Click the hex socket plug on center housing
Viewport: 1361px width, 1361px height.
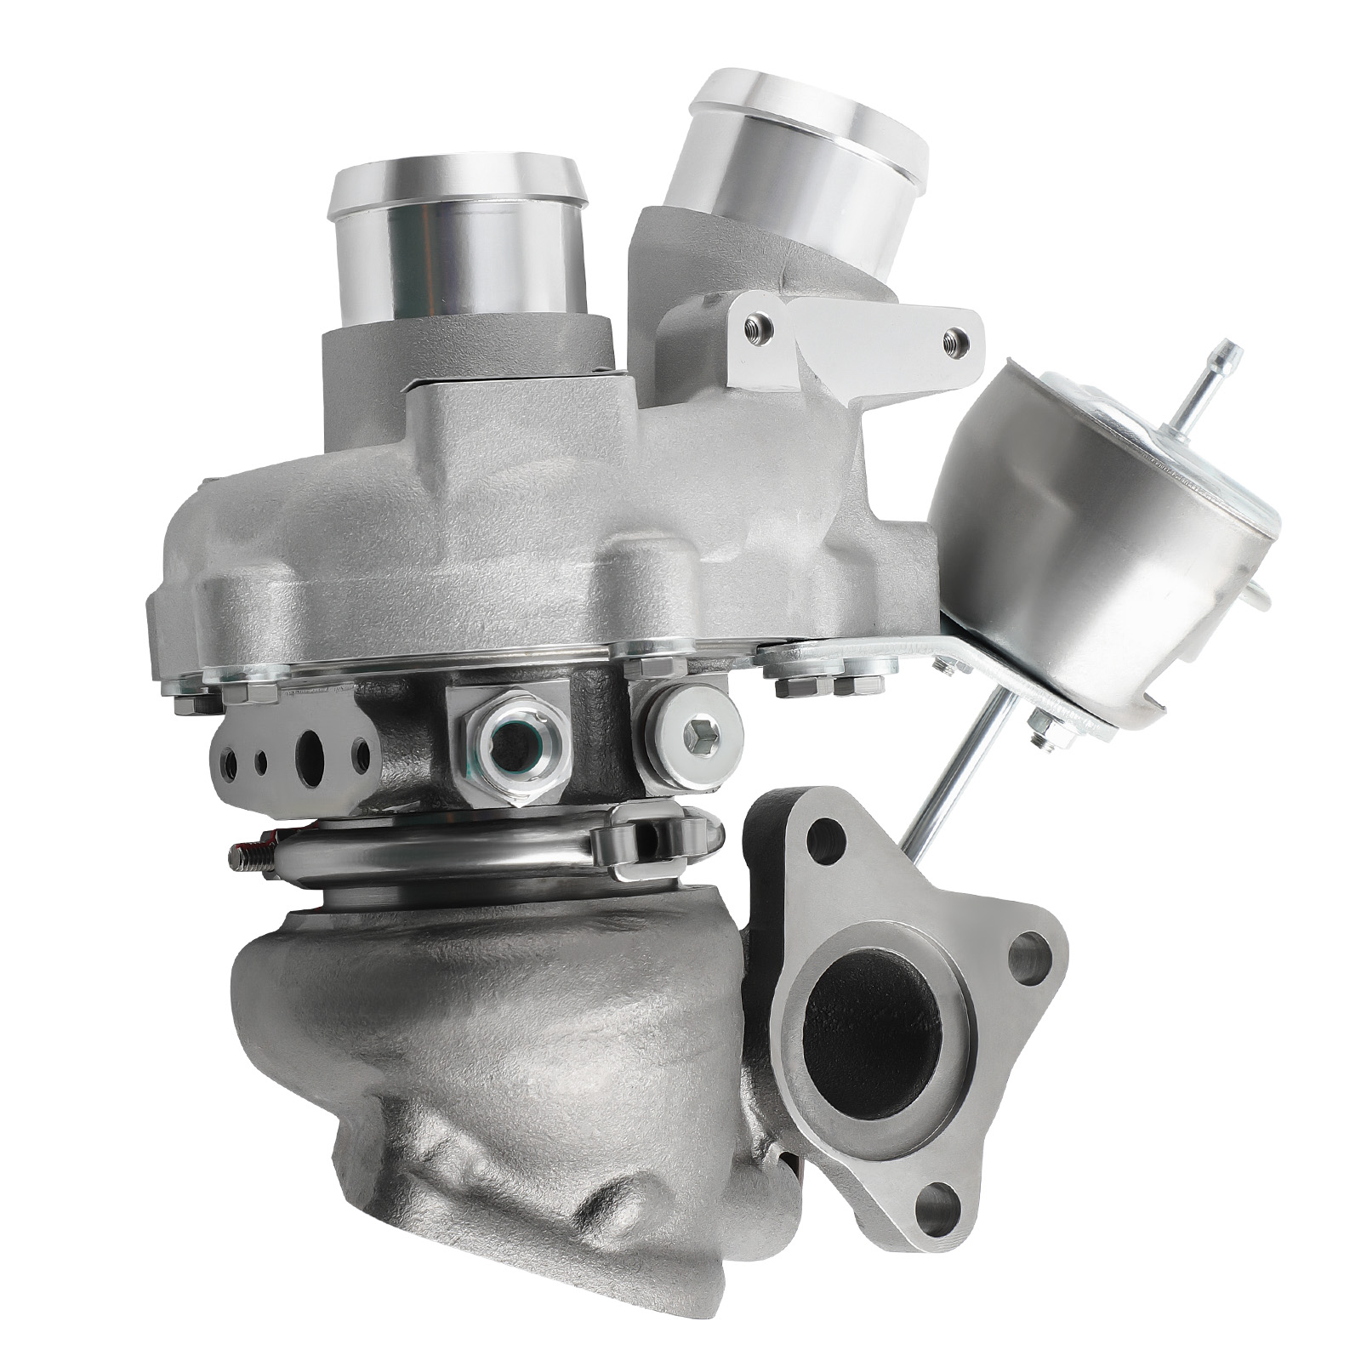692,732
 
